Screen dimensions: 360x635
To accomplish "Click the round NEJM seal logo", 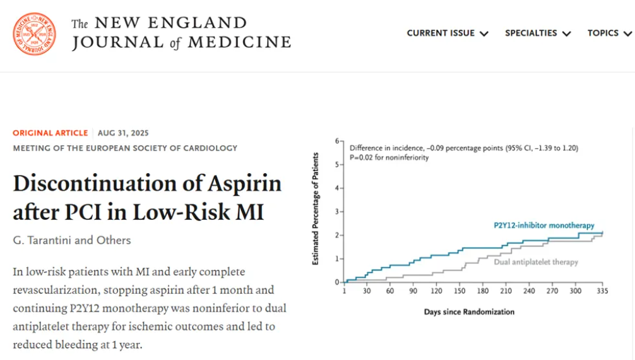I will (34, 33).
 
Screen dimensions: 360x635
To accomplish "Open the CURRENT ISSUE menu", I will (447, 33).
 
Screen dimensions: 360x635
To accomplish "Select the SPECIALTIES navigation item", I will (537, 33).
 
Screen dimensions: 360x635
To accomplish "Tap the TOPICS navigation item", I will (609, 33).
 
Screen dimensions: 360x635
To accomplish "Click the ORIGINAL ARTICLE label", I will (50, 133).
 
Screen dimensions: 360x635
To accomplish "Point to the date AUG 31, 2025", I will (123, 133).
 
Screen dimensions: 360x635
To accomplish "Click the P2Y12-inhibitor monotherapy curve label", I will (543, 225).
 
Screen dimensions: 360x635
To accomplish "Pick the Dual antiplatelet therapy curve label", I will (536, 261).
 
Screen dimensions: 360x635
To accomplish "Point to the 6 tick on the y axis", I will (338, 141).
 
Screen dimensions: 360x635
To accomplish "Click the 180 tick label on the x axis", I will (483, 291).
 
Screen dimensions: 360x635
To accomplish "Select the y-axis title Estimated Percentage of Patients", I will (315, 208).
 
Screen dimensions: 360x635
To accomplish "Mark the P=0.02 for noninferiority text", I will (389, 157).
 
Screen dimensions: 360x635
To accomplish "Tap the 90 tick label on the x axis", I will (413, 291).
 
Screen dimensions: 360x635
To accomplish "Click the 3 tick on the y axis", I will (338, 212).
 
